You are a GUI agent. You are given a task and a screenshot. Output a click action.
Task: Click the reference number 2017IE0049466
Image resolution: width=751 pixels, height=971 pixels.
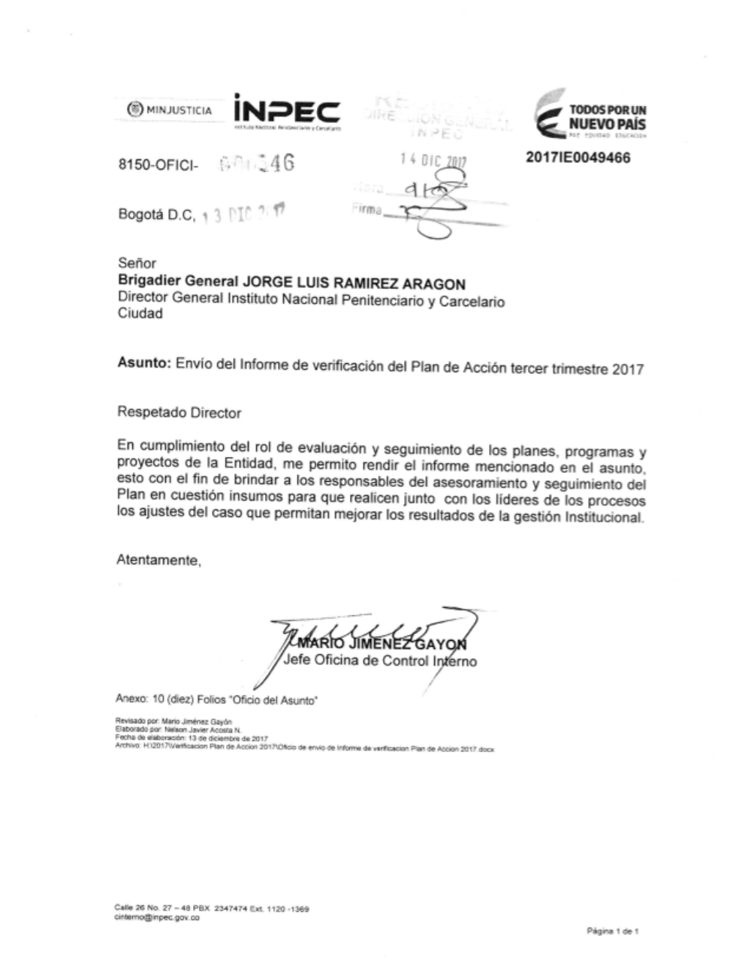point(578,158)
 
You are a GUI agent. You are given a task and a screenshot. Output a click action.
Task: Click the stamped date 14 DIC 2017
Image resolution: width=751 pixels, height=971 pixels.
point(433,160)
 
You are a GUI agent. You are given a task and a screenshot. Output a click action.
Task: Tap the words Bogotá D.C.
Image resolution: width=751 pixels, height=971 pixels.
point(156,215)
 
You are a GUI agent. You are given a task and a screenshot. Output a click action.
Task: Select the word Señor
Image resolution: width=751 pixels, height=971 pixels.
point(137,264)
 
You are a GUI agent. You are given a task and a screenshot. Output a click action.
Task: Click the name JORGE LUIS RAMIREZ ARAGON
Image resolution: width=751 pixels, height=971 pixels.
point(352,284)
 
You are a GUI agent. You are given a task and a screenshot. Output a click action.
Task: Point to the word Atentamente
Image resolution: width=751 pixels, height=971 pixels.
point(158,560)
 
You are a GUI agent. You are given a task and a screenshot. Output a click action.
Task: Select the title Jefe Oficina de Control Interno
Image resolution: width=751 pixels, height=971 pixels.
point(380,662)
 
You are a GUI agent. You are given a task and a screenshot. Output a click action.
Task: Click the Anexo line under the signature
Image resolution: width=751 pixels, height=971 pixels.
point(216,699)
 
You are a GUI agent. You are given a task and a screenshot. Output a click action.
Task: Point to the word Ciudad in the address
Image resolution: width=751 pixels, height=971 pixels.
point(140,314)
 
